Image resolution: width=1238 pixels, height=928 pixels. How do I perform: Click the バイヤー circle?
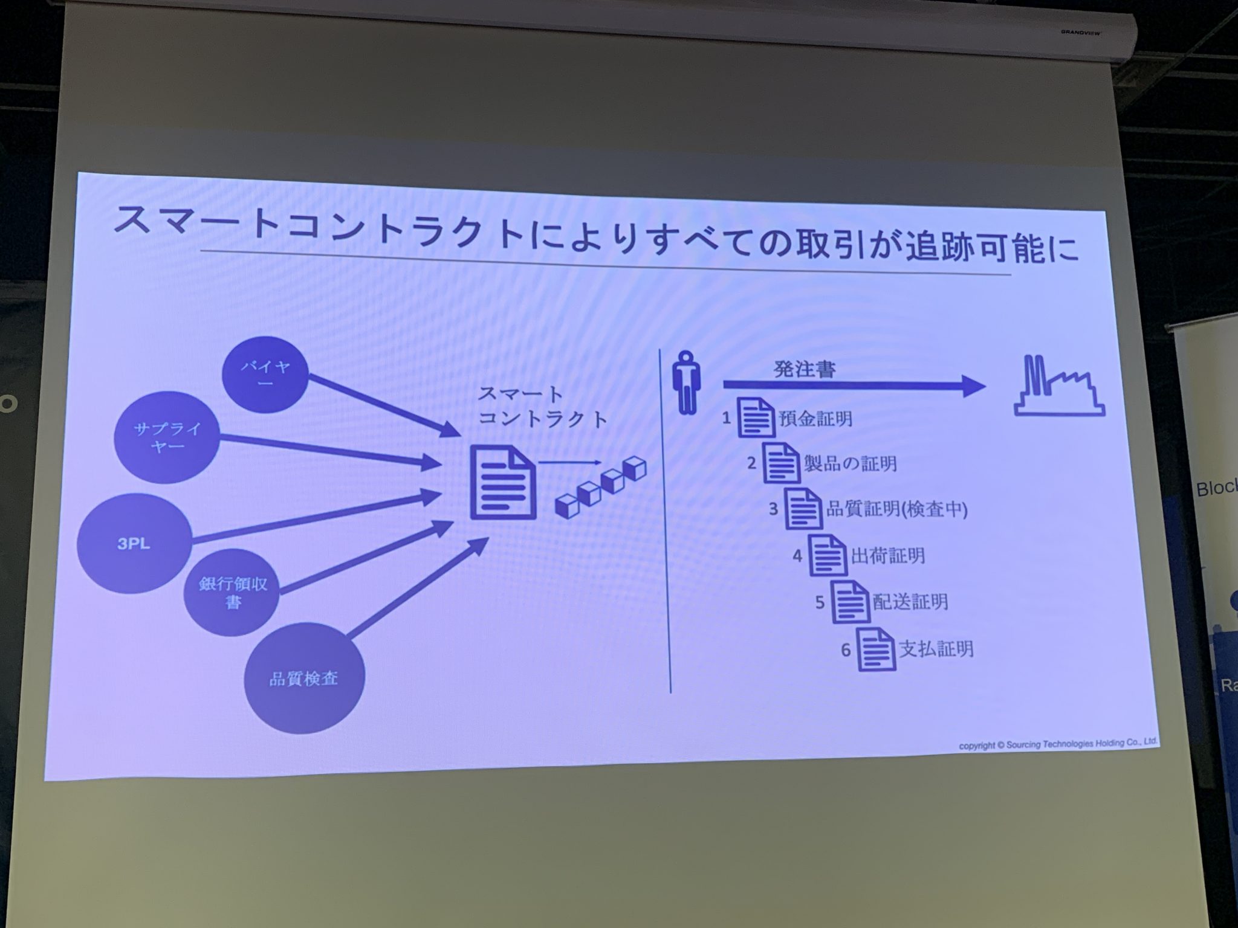click(x=265, y=375)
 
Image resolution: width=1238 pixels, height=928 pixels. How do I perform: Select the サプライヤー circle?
click(x=167, y=438)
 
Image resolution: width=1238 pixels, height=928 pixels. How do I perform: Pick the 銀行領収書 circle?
click(x=232, y=592)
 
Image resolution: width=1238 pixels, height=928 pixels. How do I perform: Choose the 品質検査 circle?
click(x=304, y=678)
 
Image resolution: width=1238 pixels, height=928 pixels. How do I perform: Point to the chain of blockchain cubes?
click(x=601, y=488)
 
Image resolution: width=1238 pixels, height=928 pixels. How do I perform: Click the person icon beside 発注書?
click(x=686, y=384)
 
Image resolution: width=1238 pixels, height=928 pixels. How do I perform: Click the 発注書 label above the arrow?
click(x=805, y=369)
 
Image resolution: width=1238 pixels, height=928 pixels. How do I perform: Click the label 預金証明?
click(x=816, y=419)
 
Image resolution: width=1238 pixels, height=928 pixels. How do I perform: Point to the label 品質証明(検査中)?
click(x=897, y=509)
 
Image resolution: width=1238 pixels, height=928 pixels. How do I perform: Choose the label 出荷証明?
click(x=888, y=556)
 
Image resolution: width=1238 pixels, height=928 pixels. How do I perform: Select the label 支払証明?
click(x=936, y=649)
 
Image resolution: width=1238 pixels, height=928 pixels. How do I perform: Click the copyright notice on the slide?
click(x=1058, y=743)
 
